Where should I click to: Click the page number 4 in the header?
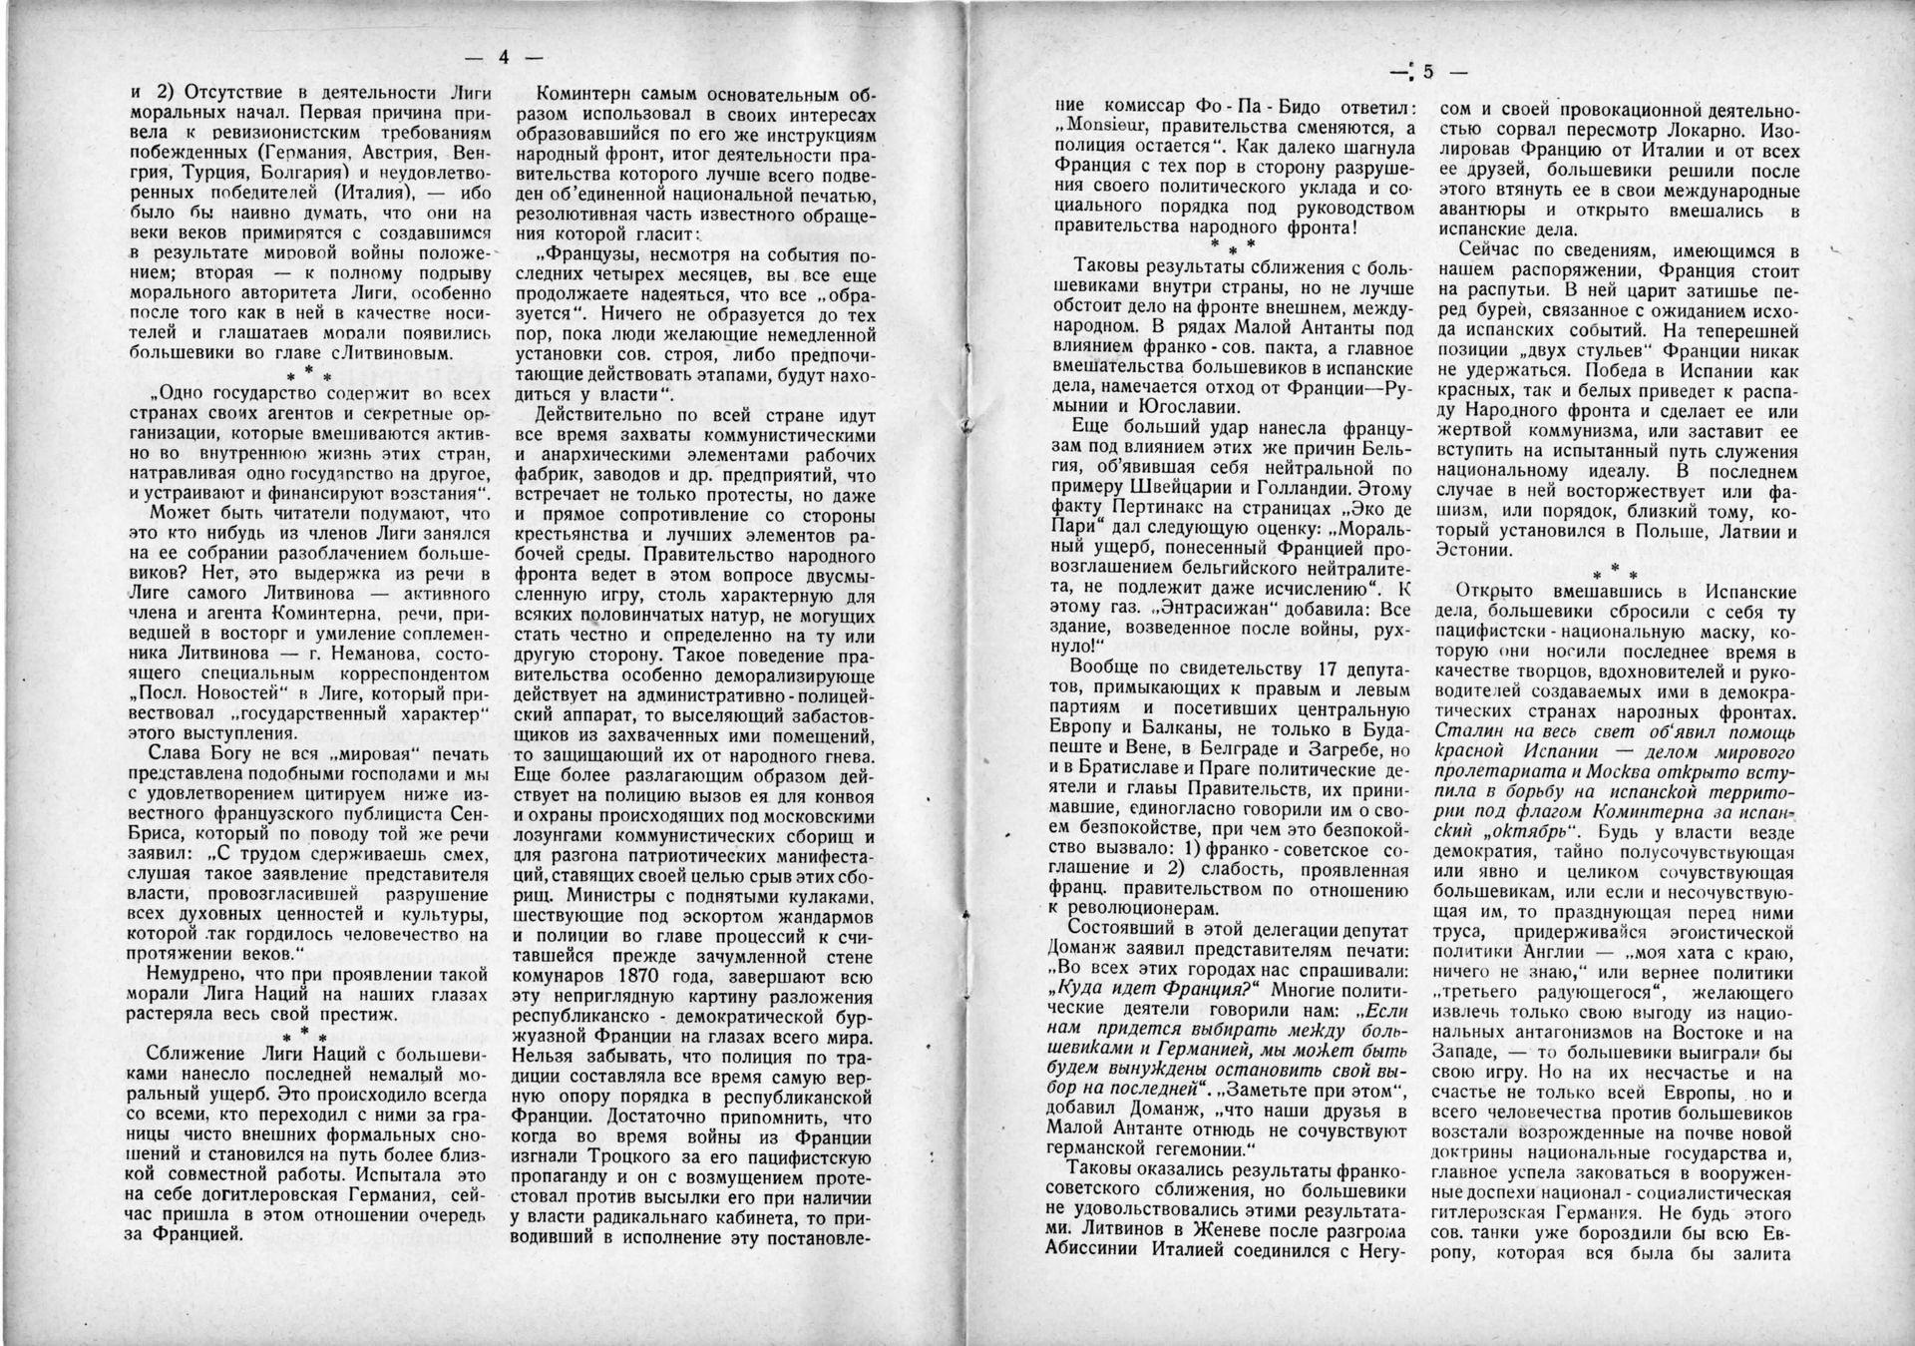(504, 58)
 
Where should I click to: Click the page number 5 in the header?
(1428, 71)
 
